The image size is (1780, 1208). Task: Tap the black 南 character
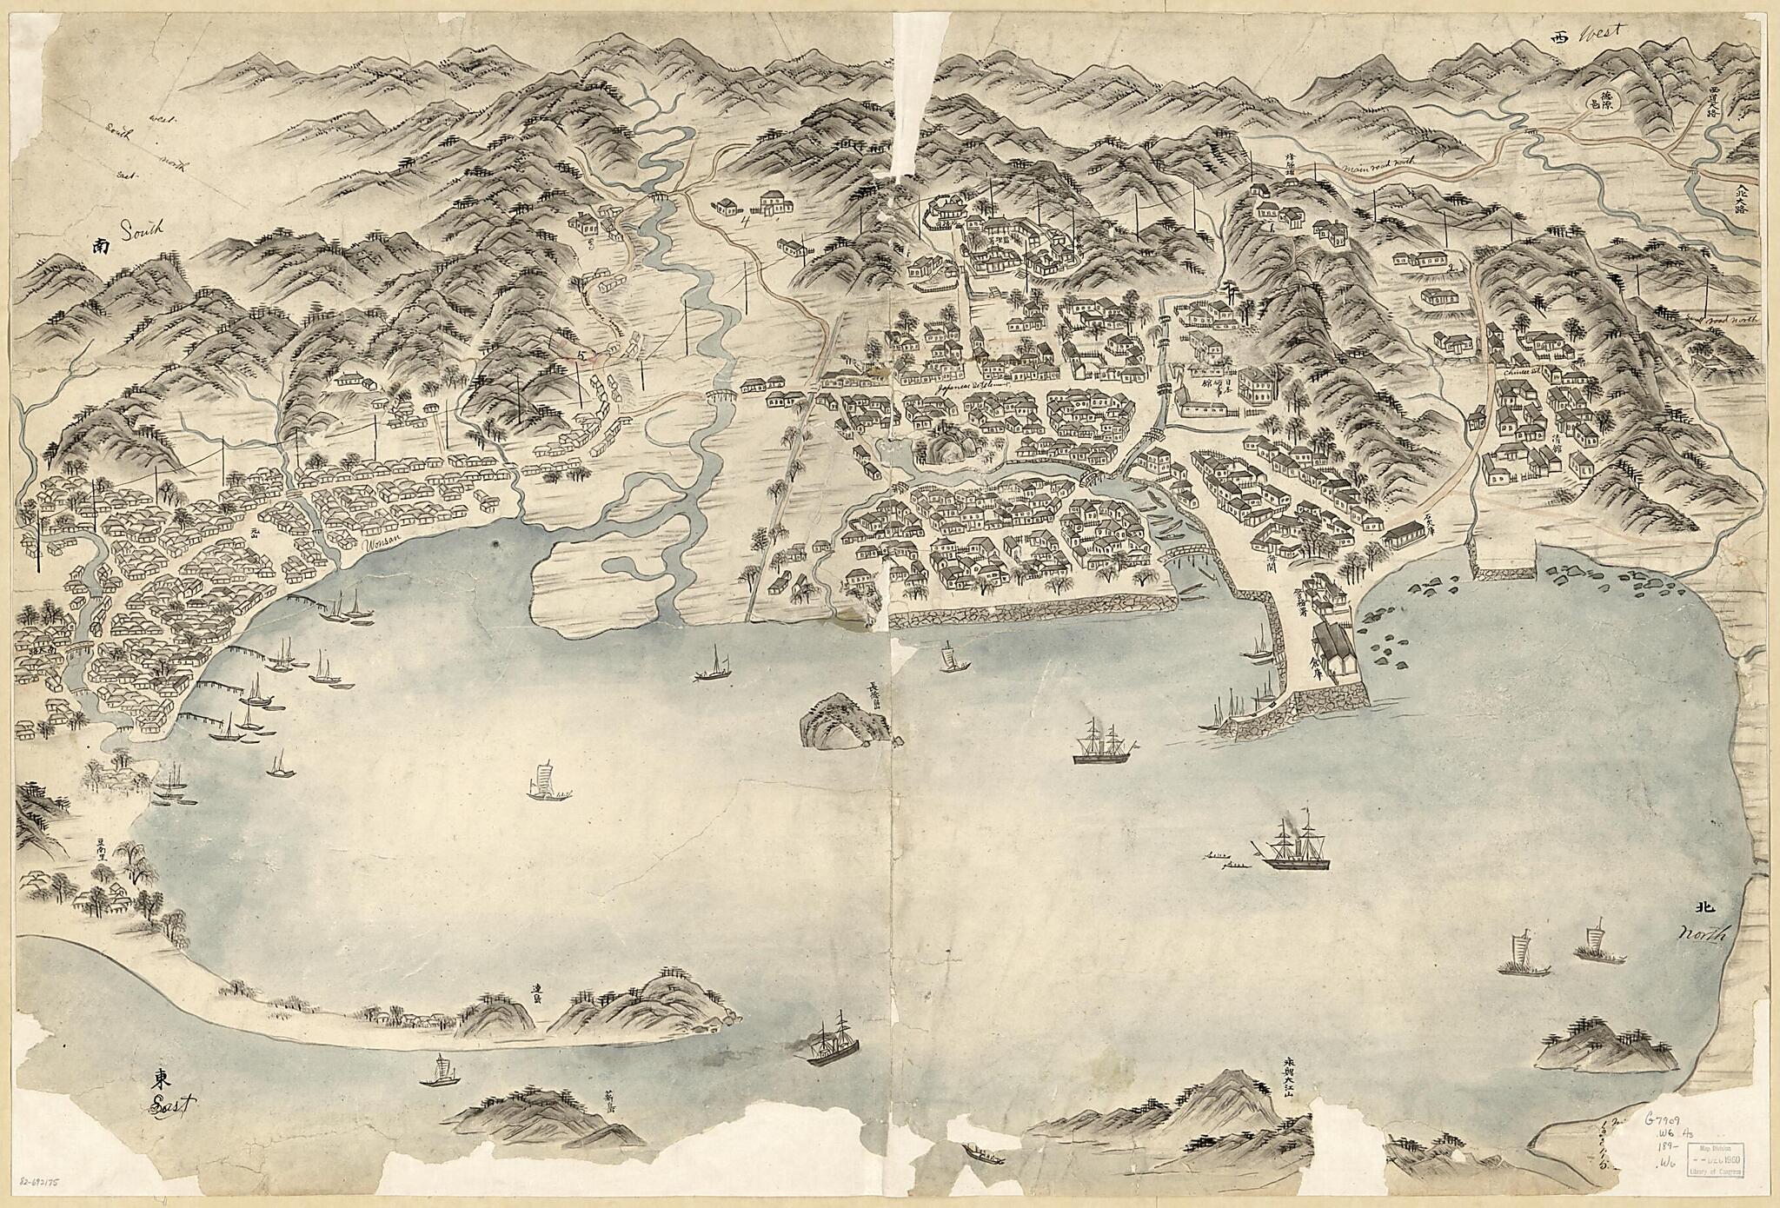tap(101, 247)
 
